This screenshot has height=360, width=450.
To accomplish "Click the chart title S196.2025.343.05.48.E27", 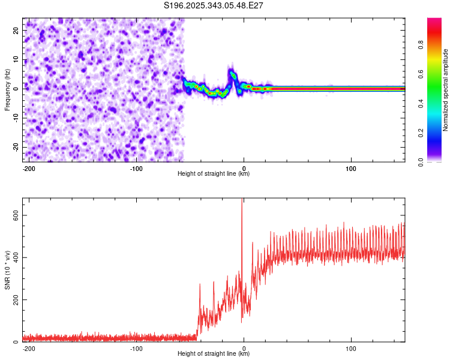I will point(214,5).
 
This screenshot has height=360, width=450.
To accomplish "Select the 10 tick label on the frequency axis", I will point(17,59).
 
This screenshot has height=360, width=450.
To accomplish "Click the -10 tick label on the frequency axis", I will point(16,118).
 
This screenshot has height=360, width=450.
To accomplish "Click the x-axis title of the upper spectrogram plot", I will point(214,173).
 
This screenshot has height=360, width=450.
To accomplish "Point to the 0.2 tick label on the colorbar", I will point(422,132).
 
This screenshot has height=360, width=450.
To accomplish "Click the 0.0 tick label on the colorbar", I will point(422,161).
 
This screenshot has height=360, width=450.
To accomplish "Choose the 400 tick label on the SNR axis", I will point(14,257).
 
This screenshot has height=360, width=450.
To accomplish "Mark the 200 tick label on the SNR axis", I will point(14,300).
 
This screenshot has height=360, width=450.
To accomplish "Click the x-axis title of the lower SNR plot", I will point(214,353).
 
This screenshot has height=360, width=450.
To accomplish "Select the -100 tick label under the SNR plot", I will point(136,349).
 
